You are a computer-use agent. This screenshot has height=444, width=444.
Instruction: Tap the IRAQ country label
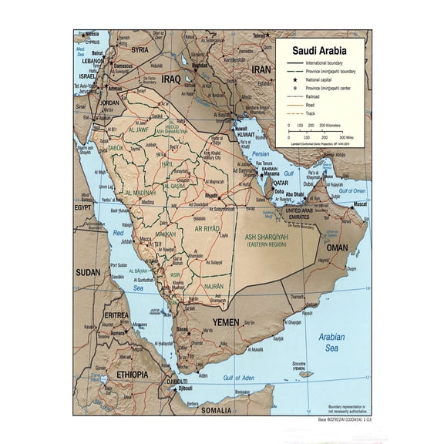pos(170,79)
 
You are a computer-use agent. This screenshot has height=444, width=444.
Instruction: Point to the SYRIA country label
pos(140,49)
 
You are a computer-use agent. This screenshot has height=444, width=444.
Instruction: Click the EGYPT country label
pos(82,207)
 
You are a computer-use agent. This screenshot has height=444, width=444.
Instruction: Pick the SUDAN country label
pos(87,272)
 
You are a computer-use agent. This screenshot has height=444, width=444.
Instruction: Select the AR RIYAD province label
pos(207,229)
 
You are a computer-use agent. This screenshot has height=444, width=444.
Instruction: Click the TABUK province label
pos(115,148)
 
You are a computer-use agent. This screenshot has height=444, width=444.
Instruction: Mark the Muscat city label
pos(359,205)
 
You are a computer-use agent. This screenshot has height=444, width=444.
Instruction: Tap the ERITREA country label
pos(116,315)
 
